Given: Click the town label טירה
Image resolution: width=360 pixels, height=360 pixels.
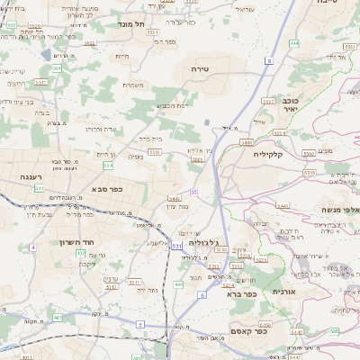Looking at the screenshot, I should click(200, 67).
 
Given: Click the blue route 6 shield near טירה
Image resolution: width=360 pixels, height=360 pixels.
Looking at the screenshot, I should click(268, 59).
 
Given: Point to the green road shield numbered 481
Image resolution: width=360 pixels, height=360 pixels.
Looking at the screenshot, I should click(58, 317).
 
